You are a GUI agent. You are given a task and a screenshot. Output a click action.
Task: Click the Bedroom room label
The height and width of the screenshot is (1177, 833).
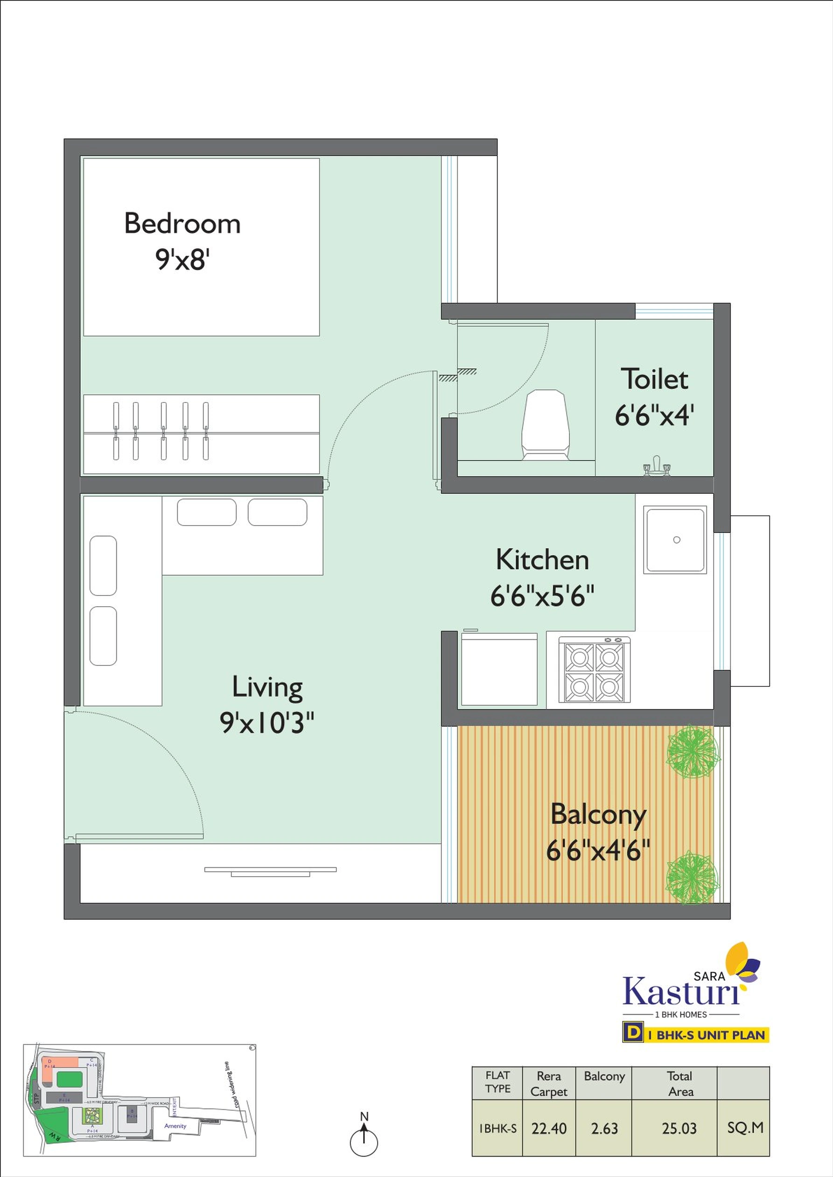(x=182, y=224)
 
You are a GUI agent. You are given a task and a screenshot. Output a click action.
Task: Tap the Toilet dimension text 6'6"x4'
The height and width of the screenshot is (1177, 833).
(x=654, y=415)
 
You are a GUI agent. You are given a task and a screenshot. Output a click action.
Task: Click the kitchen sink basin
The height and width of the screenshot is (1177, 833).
(x=675, y=540)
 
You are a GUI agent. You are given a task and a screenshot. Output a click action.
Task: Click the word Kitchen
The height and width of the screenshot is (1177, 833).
(x=542, y=559)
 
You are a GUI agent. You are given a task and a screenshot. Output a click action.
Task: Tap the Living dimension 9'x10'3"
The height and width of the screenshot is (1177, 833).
(x=267, y=723)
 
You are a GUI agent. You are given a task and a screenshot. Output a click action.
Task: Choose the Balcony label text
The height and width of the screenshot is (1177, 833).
(x=598, y=815)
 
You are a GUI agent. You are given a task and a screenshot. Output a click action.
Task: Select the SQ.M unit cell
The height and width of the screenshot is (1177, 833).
(x=745, y=1128)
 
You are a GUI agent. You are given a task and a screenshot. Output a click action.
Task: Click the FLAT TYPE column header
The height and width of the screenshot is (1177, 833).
(x=497, y=1082)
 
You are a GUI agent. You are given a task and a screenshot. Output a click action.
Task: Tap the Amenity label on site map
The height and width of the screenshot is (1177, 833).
(x=175, y=1126)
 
